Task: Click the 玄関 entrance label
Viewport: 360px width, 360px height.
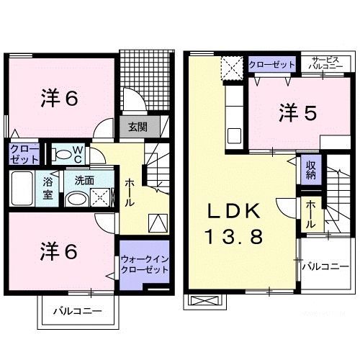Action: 138,127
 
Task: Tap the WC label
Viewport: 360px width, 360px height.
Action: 78,155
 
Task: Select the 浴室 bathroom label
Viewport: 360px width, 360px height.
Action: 48,189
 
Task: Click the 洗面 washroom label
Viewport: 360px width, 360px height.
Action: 84,181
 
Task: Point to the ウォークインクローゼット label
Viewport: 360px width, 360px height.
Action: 145,264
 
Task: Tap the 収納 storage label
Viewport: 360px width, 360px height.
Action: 311,170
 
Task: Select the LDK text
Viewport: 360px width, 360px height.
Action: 234,211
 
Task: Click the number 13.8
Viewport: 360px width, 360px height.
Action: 234,236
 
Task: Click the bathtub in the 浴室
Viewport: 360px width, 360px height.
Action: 22,189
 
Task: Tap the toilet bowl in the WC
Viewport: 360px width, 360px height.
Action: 62,154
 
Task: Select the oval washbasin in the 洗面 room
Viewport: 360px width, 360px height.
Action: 76,199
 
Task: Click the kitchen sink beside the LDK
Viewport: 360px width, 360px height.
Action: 234,136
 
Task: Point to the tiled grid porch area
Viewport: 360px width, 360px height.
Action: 147,80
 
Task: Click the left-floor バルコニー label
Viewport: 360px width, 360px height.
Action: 78,311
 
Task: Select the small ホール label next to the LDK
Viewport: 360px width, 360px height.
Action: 311,215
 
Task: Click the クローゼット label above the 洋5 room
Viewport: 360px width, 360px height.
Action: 272,65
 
